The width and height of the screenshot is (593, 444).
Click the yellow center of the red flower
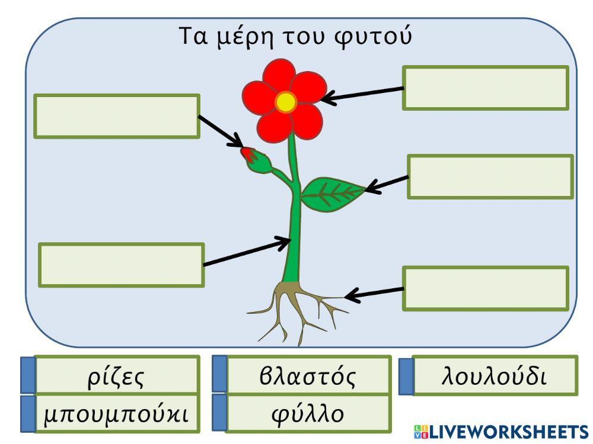tap(286, 102)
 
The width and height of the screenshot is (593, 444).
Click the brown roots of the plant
tap(296, 308)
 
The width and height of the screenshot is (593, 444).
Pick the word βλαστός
tap(307, 376)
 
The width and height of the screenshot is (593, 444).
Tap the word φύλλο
tap(307, 413)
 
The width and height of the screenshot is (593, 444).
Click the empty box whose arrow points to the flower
tap(485, 88)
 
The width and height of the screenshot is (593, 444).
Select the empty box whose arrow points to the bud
tap(117, 116)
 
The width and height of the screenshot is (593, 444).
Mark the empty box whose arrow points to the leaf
tap(490, 176)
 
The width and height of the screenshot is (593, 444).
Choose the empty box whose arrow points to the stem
tap(121, 265)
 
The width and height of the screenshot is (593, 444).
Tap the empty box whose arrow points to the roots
tap(485, 288)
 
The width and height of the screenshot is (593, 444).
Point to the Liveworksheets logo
tap(500, 432)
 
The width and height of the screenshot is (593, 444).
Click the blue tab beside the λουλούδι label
tap(406, 376)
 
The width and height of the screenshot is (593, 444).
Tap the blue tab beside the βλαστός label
tap(219, 374)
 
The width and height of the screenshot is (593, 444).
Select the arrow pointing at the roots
tap(374, 293)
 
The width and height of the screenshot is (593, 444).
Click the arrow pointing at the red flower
tap(362, 95)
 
